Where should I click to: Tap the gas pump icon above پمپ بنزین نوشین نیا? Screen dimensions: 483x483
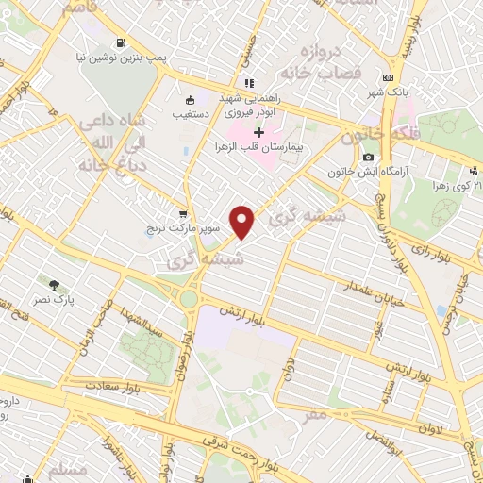[x=122, y=42]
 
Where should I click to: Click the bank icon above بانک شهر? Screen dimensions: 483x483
[x=387, y=78]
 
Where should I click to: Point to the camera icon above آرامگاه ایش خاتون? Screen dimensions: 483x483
[x=368, y=157]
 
